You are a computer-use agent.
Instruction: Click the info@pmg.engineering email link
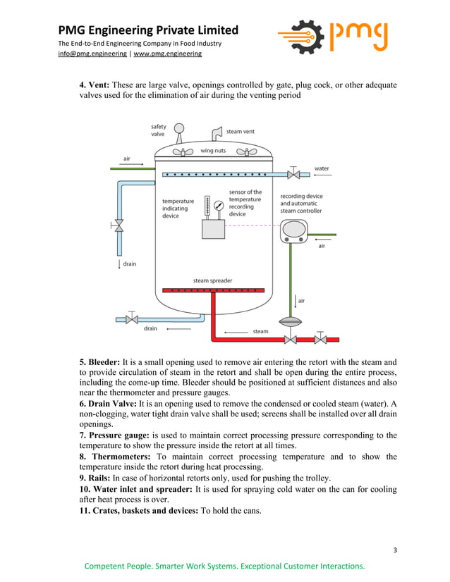coord(92,54)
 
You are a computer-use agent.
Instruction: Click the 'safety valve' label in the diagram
coord(159,131)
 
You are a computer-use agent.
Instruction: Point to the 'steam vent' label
coord(241,131)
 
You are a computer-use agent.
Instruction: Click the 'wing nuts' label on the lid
coord(213,150)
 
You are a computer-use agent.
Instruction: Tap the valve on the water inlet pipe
coord(294,174)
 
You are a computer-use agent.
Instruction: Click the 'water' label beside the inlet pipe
coord(322,168)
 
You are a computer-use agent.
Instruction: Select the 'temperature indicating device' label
coord(178,209)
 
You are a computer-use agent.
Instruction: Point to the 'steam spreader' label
coord(212,280)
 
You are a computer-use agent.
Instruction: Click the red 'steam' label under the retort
coord(260,330)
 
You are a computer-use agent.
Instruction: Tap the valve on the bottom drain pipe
coord(131,319)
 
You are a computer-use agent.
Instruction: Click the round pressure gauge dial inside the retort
coord(219,206)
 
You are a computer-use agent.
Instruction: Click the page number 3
coord(396,550)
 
